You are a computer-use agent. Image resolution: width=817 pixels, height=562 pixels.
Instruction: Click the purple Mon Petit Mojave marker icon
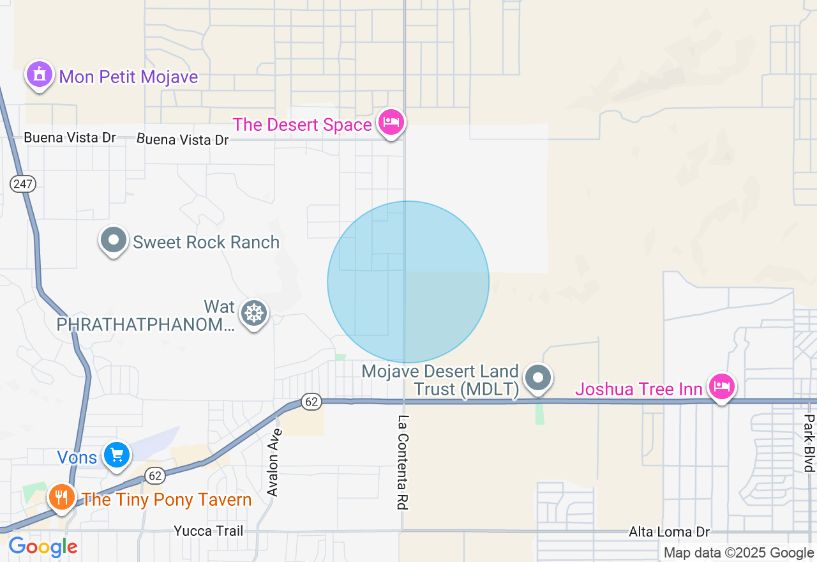point(40,75)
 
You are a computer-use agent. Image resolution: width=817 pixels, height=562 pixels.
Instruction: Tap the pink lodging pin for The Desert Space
point(390,122)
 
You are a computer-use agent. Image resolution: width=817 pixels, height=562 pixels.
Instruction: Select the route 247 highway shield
point(23,184)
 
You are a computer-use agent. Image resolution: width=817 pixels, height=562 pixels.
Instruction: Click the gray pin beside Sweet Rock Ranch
point(114,241)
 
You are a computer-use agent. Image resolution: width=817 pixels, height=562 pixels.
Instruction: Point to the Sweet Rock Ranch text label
point(206,243)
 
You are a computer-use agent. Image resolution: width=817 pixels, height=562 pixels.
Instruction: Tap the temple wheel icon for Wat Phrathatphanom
point(254,314)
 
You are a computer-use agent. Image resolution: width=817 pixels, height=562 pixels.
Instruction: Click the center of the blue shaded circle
point(408,282)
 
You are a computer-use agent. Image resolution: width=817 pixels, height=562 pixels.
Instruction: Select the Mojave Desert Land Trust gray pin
point(538,377)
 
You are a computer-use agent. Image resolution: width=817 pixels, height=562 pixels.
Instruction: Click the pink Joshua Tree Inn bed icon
point(721,386)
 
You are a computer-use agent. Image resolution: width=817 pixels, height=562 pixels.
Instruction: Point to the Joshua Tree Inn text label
point(640,389)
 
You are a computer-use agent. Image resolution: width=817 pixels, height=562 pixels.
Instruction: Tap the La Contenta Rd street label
point(403,462)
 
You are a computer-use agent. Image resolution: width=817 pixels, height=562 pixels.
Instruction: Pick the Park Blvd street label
point(809,443)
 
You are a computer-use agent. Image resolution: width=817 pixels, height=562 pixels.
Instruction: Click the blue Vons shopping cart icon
point(117,455)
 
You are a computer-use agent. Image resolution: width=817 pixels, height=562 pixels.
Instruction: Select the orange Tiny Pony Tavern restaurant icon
point(61,496)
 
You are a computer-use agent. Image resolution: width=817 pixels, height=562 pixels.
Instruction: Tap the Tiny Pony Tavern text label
point(167,499)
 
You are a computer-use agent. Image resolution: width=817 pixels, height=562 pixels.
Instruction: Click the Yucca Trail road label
point(209,531)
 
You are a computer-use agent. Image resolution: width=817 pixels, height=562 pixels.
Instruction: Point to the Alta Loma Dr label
point(669,532)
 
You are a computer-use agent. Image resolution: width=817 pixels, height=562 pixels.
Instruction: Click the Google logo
point(43,547)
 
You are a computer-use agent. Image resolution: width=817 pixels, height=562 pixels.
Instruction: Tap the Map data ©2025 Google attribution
point(738,553)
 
